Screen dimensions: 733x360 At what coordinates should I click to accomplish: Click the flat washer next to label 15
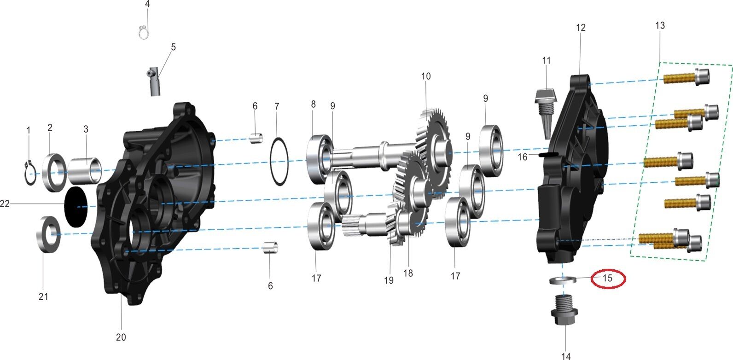pos(563,280)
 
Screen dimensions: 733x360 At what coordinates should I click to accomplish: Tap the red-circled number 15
pos(607,278)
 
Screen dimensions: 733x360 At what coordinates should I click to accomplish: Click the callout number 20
pos(121,337)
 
